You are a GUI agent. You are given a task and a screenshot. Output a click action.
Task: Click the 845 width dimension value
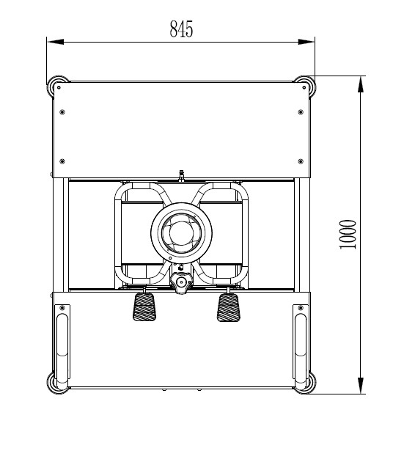pos(181,29)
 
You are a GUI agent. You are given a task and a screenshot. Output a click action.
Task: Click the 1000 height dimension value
pos(348,235)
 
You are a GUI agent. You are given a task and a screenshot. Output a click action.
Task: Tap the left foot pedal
pos(144,307)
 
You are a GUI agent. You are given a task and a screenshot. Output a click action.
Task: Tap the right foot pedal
pos(228,307)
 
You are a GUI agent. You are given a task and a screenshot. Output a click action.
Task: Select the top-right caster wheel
pos(305,86)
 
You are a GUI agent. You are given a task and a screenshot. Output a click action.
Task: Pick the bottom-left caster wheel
pos(56,383)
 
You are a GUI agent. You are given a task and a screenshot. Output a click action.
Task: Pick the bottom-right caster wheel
pos(305,383)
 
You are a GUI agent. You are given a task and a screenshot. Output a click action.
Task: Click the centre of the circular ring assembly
pos(181,232)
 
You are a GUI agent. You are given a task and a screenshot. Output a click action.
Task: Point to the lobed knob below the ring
pos(182,282)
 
